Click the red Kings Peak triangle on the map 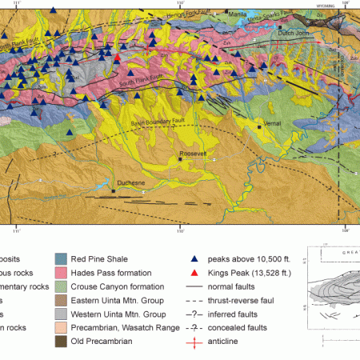tap(118, 58)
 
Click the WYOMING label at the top tap(326, 4)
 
